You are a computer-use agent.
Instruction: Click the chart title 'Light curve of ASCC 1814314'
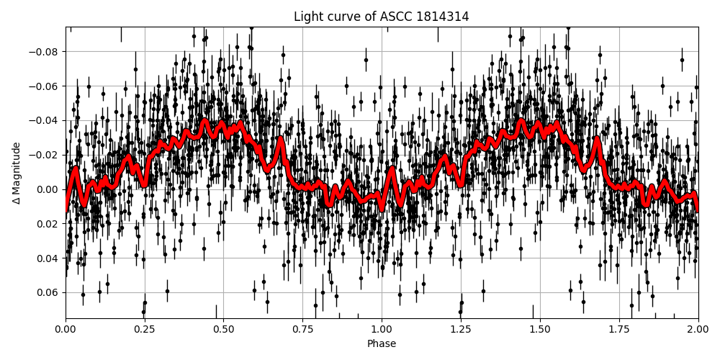click(381, 17)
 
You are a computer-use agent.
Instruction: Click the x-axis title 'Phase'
click(381, 344)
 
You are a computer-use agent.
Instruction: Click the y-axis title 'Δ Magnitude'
click(16, 173)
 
